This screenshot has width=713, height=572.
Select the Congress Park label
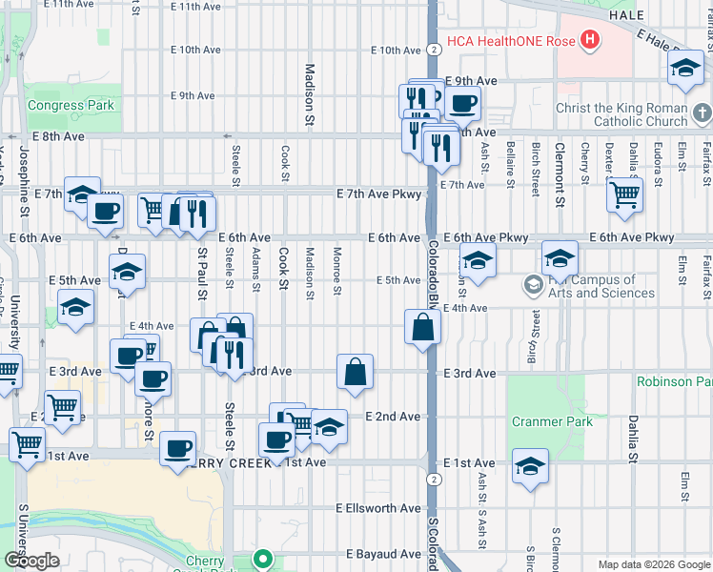[x=71, y=105]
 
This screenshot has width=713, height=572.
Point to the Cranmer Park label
[x=552, y=421]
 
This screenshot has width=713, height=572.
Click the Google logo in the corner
[x=31, y=561]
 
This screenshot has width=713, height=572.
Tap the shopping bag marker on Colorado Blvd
[x=422, y=327]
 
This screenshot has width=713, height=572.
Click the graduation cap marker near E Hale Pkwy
[x=685, y=68]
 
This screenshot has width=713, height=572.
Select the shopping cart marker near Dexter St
[x=624, y=194]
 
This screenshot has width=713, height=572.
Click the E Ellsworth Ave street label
[x=378, y=508]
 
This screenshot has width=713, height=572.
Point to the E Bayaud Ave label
[x=383, y=554]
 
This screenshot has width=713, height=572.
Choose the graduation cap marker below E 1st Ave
[x=530, y=466]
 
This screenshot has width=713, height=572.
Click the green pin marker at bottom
[x=262, y=559]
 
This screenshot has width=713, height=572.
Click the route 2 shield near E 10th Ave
[x=434, y=50]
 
